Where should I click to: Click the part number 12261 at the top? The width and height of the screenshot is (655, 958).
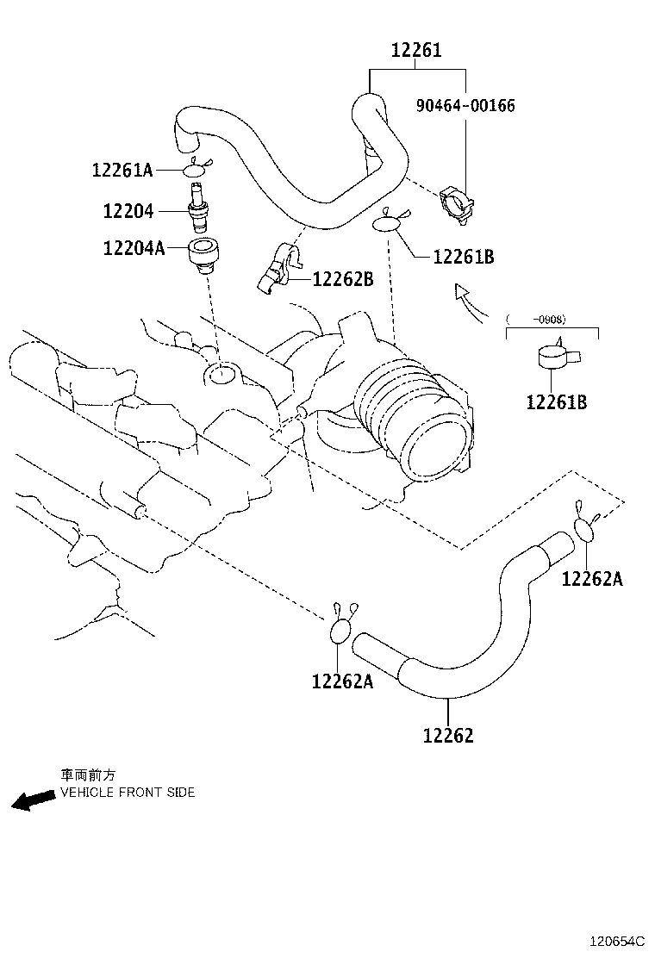417,51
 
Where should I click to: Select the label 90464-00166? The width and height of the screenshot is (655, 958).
465,106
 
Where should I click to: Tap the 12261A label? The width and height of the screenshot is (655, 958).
122,171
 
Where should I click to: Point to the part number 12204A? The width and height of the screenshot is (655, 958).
134,249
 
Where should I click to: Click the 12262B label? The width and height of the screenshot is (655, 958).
343,279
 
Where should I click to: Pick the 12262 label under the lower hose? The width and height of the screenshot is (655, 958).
448,736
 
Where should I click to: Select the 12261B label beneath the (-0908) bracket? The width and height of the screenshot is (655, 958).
557,402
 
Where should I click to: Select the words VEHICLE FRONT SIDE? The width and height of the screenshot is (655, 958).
128,793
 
